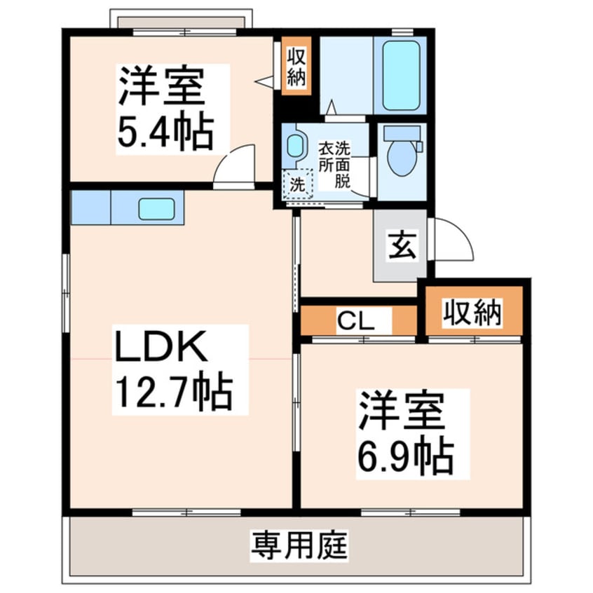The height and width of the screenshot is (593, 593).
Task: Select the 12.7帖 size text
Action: coord(173,393)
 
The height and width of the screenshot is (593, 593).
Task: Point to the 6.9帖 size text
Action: coord(404,456)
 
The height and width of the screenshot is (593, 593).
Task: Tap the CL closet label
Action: coord(354,322)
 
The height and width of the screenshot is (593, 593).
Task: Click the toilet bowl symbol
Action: coord(402,160)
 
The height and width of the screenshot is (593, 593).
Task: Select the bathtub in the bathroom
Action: coord(401,75)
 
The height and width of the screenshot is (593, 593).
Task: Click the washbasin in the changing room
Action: coord(295,146)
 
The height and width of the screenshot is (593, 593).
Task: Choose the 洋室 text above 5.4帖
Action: coord(162,87)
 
